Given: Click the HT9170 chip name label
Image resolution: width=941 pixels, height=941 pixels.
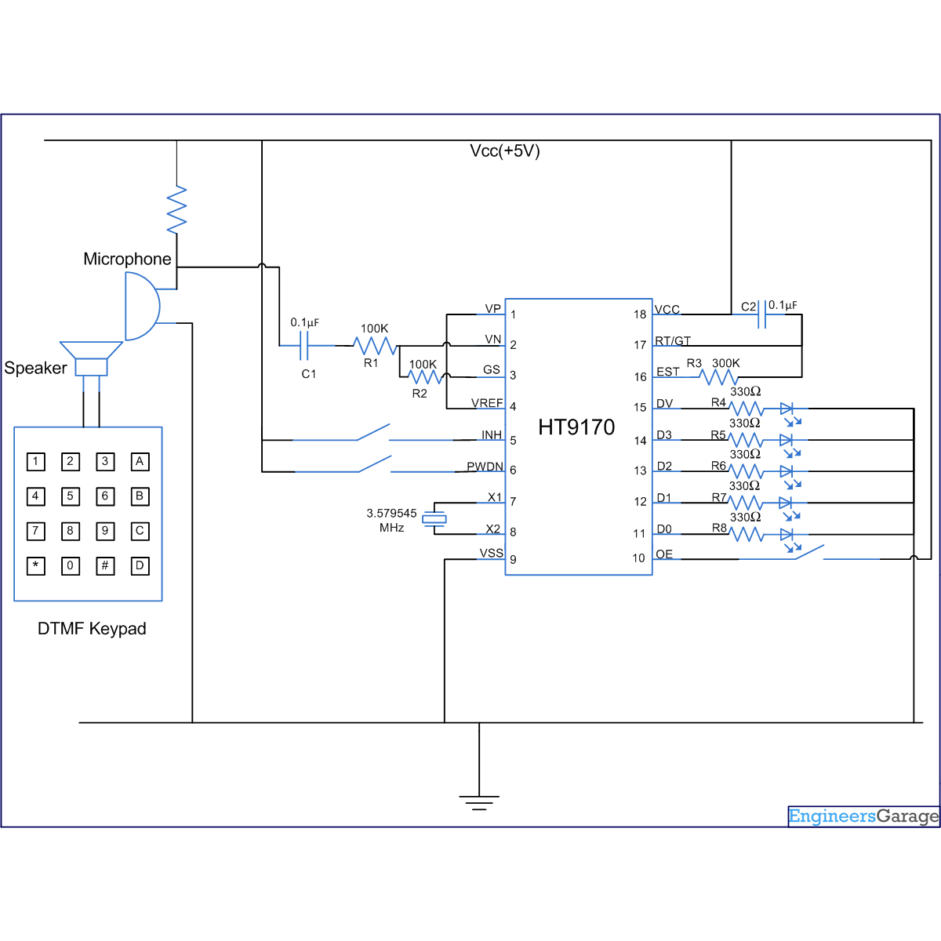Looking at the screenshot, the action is point(576,427).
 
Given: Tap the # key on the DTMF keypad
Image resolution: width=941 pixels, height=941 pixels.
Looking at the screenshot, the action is point(105,565).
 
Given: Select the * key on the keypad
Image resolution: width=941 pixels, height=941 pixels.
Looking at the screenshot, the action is point(36,565).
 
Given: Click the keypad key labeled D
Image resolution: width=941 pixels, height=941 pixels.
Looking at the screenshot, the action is point(140,565).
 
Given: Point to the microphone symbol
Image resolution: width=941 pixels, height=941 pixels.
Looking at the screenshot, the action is point(141,306).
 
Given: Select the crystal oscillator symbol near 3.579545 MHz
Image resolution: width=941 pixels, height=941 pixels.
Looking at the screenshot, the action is point(434,518).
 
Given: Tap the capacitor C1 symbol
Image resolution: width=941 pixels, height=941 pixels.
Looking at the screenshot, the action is point(305,345).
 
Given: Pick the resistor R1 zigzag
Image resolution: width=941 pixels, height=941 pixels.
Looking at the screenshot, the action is point(375,346).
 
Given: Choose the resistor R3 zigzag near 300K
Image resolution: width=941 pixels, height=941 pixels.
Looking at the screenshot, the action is point(719,378).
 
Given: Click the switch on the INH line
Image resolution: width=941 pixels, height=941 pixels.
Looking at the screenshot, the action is point(373,433).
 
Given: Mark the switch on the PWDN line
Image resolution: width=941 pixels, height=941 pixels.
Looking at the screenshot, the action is point(375,464).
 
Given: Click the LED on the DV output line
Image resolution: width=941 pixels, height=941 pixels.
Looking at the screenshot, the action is point(787,409).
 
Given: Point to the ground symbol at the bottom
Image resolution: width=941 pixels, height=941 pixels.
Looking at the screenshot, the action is point(479,801).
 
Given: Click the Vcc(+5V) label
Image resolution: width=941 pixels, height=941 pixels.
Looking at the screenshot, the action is point(505,151).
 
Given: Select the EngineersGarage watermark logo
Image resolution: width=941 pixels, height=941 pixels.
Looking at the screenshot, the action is point(863,816).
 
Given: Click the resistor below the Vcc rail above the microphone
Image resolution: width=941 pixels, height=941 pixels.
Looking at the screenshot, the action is point(177,209).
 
